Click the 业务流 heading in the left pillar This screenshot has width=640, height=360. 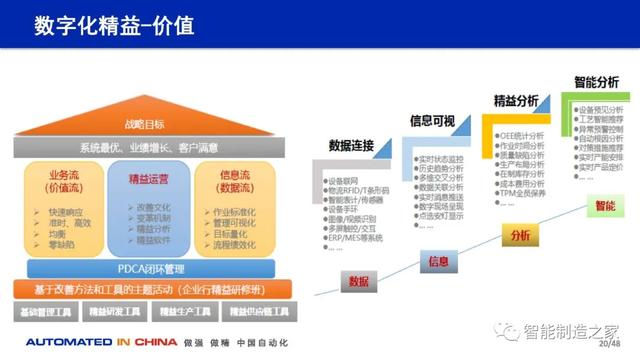(x=61, y=178)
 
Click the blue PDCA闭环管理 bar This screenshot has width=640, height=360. (x=149, y=267)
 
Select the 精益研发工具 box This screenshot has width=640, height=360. (x=115, y=312)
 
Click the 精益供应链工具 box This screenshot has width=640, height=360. (x=256, y=312)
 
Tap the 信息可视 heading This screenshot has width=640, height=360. (x=432, y=121)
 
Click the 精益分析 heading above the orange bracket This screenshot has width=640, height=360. (x=514, y=100)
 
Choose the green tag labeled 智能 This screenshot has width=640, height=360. (x=605, y=206)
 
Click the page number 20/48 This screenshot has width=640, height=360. (x=611, y=342)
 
